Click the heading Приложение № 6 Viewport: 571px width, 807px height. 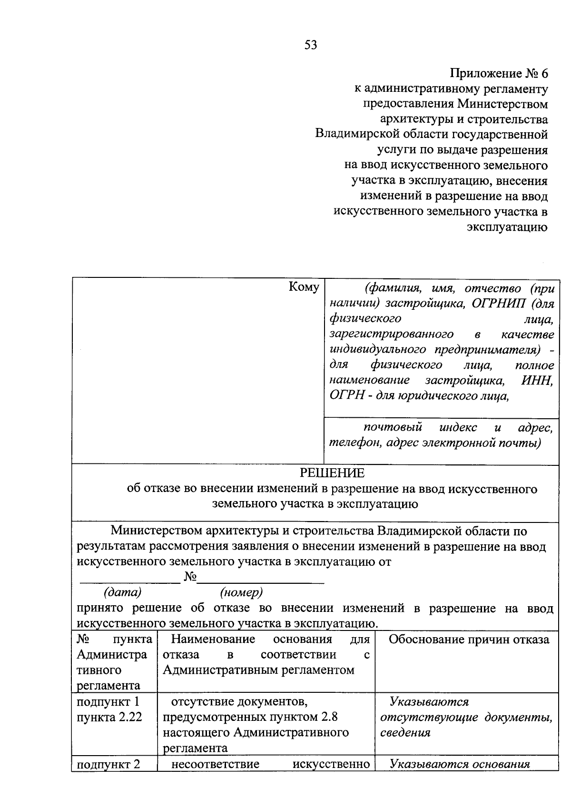coord(499,74)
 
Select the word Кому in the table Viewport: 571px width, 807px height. coord(304,287)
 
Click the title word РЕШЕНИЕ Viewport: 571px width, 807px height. coord(332,473)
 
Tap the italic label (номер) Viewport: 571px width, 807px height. coord(241,592)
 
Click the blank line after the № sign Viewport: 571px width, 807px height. coord(261,579)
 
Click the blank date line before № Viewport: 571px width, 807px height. coord(129,579)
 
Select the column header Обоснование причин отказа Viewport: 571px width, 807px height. coord(469,640)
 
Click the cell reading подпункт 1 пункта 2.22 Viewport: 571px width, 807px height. coord(109,709)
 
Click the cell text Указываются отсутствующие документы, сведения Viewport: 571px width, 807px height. coord(466,717)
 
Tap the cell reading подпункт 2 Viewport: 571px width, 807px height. coord(108,764)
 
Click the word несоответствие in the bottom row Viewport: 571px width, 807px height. coord(215,764)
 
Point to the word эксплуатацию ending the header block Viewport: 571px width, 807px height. coord(507,227)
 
